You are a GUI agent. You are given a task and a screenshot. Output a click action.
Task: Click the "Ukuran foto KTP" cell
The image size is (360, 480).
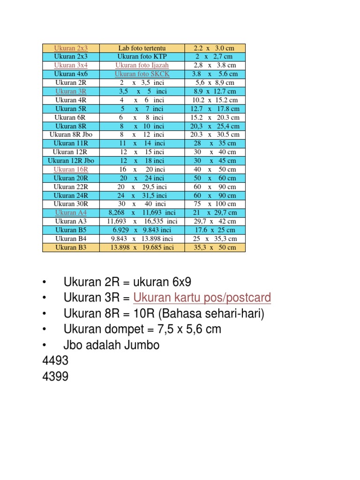coord(142,57)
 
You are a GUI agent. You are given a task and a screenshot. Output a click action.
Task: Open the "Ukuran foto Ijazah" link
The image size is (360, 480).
coord(142,65)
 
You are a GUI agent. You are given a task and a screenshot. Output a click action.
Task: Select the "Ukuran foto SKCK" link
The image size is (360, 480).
coord(142,74)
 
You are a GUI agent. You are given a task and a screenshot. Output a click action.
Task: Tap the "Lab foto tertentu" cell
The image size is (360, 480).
coord(142,48)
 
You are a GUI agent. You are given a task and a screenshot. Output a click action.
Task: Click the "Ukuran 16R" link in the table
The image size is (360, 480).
coord(71,169)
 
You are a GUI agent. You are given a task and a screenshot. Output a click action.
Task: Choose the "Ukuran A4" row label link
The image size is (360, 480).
coord(71,212)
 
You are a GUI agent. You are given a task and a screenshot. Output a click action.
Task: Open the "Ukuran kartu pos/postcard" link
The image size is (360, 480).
coord(202,298)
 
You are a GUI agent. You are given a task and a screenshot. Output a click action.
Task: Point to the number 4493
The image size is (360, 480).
coord(55,361)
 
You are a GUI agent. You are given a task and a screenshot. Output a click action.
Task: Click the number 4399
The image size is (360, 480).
coord(55,376)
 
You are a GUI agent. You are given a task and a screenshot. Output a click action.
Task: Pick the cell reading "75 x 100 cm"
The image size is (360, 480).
coord(215,204)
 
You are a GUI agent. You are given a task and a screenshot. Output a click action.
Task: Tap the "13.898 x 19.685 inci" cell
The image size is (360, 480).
coord(142,247)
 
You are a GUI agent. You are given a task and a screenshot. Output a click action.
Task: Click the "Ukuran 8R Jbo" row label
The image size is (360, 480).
coord(71,135)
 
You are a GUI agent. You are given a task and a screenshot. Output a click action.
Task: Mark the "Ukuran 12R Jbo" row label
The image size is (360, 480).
coord(71,160)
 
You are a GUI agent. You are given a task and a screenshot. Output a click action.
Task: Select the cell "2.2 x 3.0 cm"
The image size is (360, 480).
coord(215,48)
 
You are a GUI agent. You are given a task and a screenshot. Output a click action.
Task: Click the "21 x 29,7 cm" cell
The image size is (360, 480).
coord(215,212)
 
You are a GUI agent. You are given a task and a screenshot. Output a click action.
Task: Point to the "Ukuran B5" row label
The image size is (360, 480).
coord(71,230)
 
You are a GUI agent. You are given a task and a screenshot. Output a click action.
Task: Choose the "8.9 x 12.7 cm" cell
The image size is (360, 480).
coord(215,91)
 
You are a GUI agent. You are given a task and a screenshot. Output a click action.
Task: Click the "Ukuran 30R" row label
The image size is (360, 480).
coord(71,204)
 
